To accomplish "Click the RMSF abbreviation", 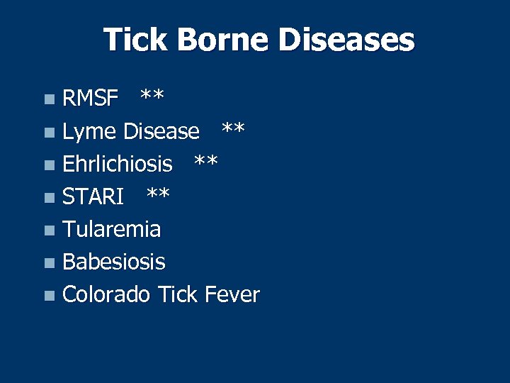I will [x=90, y=99].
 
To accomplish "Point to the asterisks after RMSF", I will [x=152, y=96].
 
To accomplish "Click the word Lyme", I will [x=89, y=132].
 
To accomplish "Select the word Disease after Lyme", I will [x=161, y=131].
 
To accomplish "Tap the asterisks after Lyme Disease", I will [x=233, y=129].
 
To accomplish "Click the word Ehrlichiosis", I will [x=117, y=164].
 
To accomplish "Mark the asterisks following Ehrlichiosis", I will [x=206, y=162].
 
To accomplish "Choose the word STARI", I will [x=93, y=196].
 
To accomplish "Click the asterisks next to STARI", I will [x=157, y=194].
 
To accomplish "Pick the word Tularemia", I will [x=111, y=229].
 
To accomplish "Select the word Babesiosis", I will [x=113, y=262].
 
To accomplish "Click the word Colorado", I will [x=106, y=294].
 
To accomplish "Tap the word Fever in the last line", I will [x=232, y=294].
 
